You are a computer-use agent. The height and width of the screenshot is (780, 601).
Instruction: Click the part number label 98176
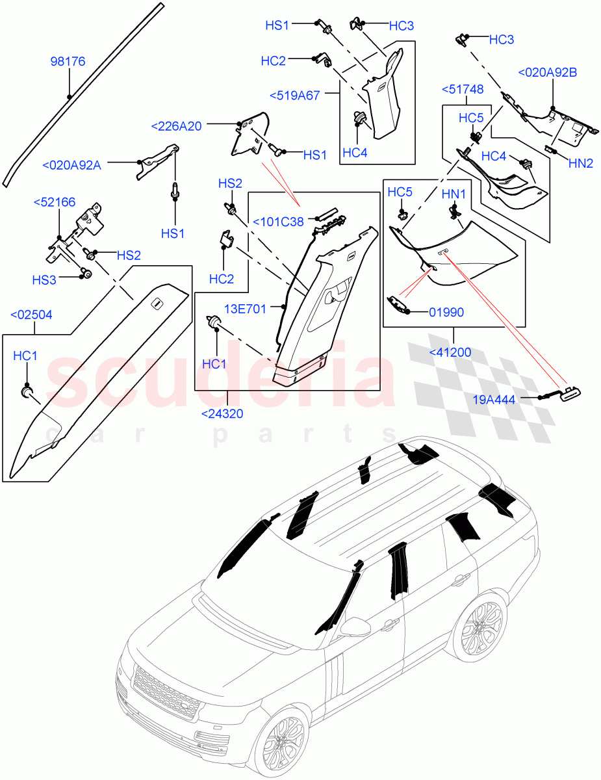[68, 62]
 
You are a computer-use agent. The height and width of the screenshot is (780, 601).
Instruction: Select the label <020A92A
[71, 165]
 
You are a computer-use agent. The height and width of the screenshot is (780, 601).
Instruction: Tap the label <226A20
[175, 126]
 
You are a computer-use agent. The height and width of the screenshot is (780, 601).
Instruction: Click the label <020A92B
[546, 73]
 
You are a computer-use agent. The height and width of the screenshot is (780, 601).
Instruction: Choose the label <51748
[467, 89]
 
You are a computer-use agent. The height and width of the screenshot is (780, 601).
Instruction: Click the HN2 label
[581, 164]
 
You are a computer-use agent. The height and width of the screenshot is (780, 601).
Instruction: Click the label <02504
[32, 315]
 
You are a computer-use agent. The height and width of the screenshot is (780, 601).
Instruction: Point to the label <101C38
[278, 222]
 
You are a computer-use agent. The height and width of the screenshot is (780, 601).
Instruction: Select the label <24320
[222, 413]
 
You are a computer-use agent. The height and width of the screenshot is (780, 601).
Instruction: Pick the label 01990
[446, 312]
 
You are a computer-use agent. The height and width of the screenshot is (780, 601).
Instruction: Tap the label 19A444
[494, 400]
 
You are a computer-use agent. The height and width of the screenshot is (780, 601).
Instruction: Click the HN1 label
[454, 194]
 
